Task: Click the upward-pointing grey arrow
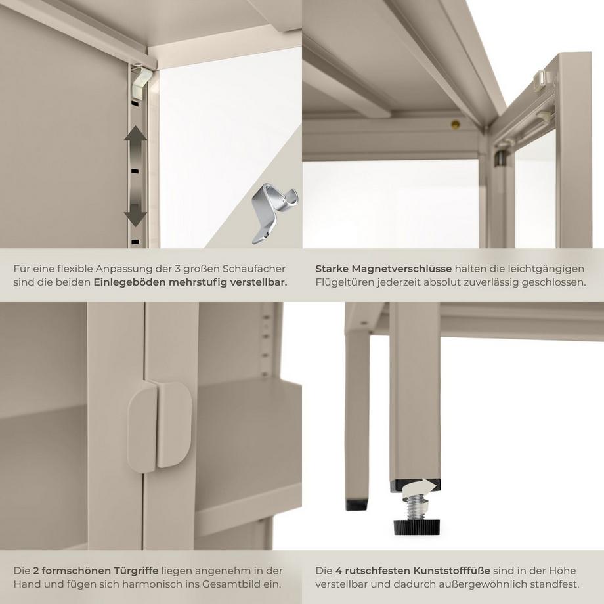click(135, 142)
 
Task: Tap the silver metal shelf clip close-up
click(274, 213)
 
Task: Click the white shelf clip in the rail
click(141, 83)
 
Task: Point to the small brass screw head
click(456, 124)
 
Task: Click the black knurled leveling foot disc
click(416, 526)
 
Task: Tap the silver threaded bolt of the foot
click(417, 507)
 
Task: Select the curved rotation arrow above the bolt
click(420, 487)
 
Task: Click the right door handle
click(175, 425)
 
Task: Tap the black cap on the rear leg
click(356, 505)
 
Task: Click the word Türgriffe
click(136, 571)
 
